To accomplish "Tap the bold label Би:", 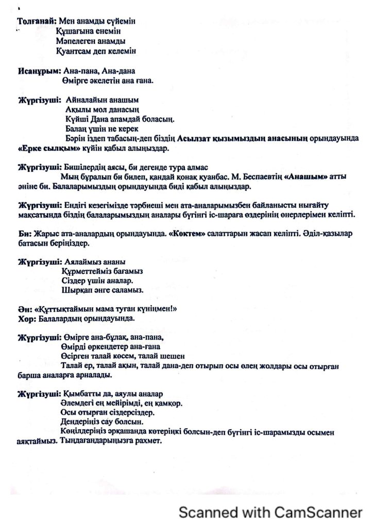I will coord(25,234).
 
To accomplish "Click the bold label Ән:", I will coord(25,309).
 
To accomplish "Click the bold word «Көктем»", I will coord(188,234).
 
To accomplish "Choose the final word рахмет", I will coord(150,441).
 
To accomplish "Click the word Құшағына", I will coord(75,31).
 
